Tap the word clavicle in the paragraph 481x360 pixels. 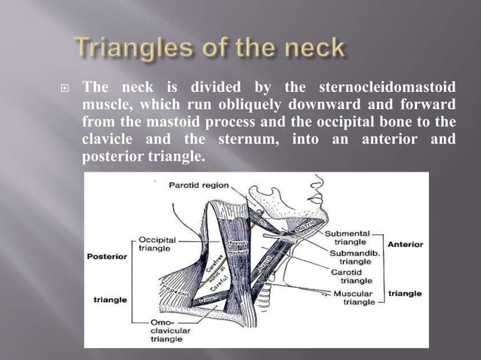(110, 139)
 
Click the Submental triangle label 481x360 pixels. (346, 238)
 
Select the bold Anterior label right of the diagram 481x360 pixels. (406, 244)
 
